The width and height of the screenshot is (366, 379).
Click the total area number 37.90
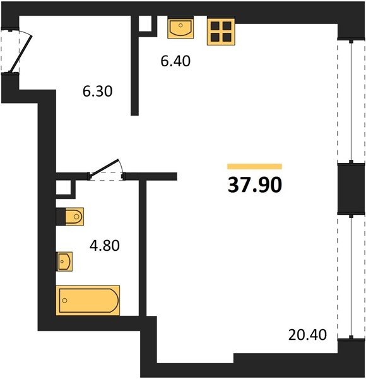(x=255, y=185)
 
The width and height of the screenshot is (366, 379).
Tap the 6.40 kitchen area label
(x=175, y=61)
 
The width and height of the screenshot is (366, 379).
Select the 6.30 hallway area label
(x=98, y=92)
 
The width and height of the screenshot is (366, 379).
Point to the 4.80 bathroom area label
(x=105, y=246)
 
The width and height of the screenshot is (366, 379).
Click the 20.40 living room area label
(x=307, y=335)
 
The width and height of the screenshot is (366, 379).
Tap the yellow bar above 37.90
(x=255, y=167)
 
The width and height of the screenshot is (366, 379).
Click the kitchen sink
(x=180, y=28)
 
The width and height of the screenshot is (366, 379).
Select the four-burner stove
(x=221, y=32)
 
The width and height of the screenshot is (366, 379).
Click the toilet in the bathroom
(x=74, y=217)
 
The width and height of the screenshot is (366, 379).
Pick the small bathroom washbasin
(x=64, y=262)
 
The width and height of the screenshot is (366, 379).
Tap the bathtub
(x=88, y=301)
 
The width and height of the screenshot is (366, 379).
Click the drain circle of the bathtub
(x=64, y=301)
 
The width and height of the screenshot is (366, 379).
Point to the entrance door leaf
(x=21, y=54)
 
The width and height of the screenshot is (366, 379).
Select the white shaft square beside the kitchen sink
(x=145, y=23)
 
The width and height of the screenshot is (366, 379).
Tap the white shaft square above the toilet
(x=63, y=187)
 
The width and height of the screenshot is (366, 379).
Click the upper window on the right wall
(x=351, y=102)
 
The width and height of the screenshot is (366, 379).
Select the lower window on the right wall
(x=351, y=276)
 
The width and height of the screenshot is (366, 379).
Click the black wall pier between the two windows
(x=351, y=189)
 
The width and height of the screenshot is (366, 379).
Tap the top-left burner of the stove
(x=215, y=26)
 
